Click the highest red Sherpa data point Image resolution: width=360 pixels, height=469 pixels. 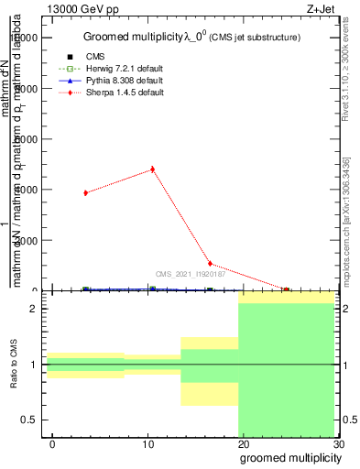click(x=152, y=169)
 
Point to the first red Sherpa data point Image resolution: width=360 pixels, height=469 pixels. click(x=85, y=192)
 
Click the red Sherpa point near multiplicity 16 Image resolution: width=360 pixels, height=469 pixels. click(x=210, y=264)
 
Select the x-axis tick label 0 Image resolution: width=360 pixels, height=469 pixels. click(x=52, y=444)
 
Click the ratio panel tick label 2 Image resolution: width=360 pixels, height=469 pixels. click(x=33, y=309)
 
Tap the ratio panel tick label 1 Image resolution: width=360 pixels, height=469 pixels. click(x=33, y=365)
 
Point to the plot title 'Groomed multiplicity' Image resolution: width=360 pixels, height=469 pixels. click(x=128, y=37)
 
